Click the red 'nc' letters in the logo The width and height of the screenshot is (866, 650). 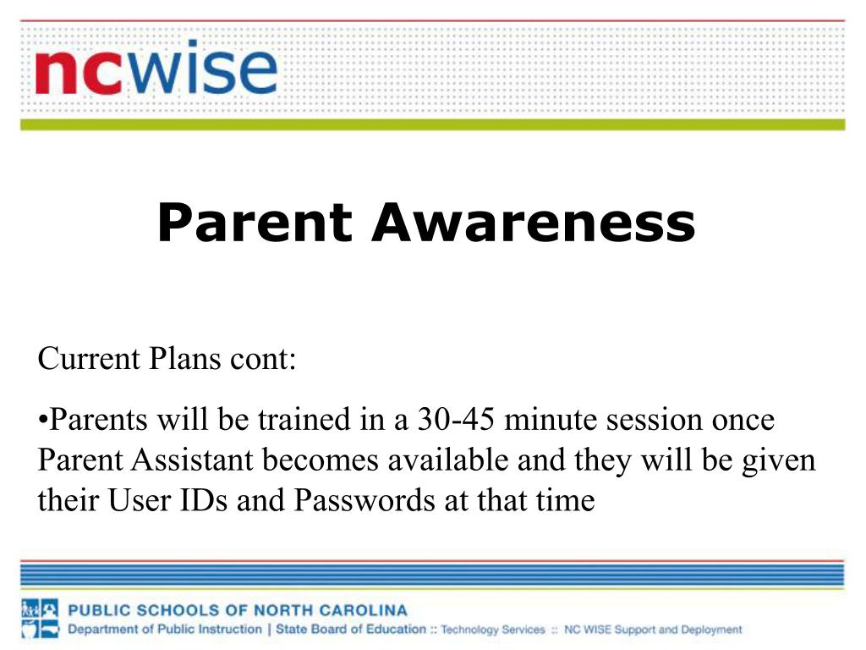pyautogui.click(x=78, y=73)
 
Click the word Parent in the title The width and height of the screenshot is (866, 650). pyautogui.click(x=255, y=223)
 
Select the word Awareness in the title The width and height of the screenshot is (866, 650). pyautogui.click(x=534, y=223)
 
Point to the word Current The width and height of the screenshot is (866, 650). pyautogui.click(x=89, y=358)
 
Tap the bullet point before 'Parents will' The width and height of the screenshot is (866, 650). pyautogui.click(x=43, y=420)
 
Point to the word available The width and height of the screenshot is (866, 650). pyautogui.click(x=448, y=460)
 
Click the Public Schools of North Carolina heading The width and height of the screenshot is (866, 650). pyautogui.click(x=238, y=610)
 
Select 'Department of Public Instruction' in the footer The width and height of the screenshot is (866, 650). pyautogui.click(x=165, y=630)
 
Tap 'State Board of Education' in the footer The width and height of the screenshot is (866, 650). pyautogui.click(x=351, y=629)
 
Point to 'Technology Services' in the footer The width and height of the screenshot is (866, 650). pyautogui.click(x=493, y=630)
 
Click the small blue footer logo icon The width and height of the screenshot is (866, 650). pyautogui.click(x=40, y=619)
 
